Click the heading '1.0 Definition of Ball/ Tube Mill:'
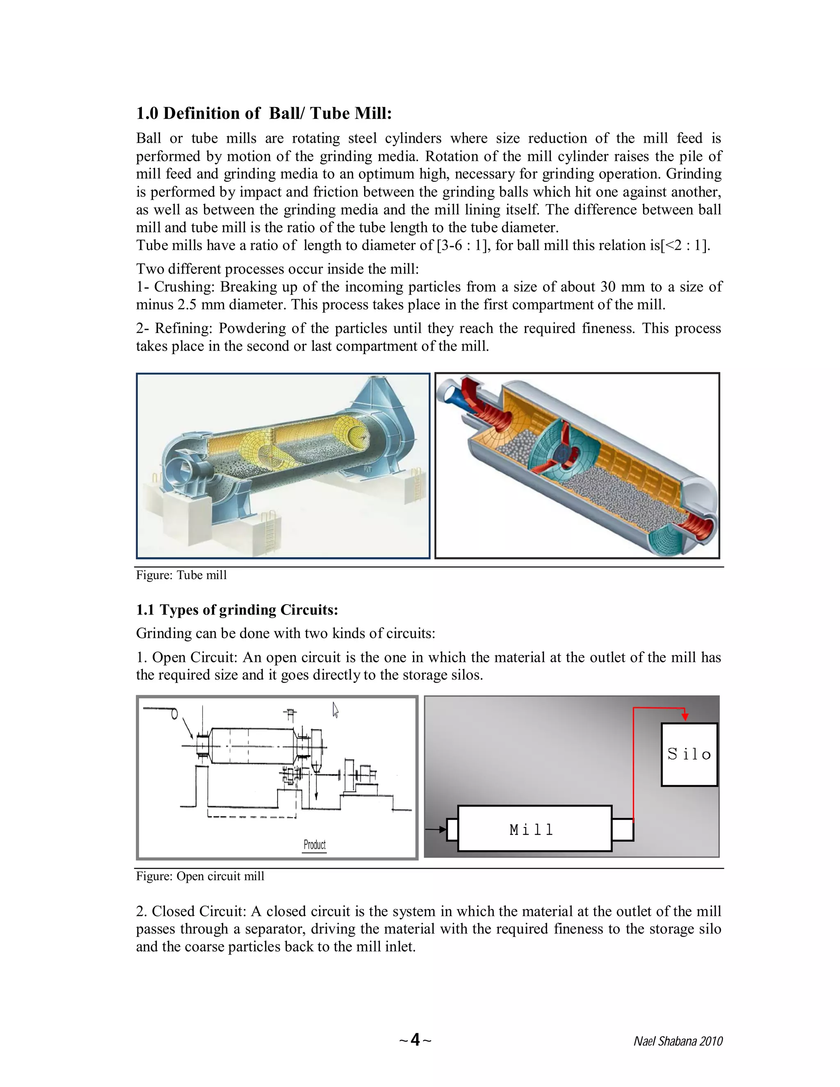(x=264, y=114)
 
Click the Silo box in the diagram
(x=689, y=754)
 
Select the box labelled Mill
(x=534, y=829)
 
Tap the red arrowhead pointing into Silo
(x=685, y=716)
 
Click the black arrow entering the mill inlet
(x=436, y=829)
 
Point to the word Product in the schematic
(x=315, y=845)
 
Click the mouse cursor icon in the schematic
(x=336, y=710)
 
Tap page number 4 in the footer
(x=415, y=1040)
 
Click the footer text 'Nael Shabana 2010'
(x=677, y=1041)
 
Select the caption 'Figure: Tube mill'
(x=181, y=575)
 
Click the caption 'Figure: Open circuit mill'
(x=200, y=877)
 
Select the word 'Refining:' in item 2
(x=184, y=329)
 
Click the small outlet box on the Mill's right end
(x=622, y=830)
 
